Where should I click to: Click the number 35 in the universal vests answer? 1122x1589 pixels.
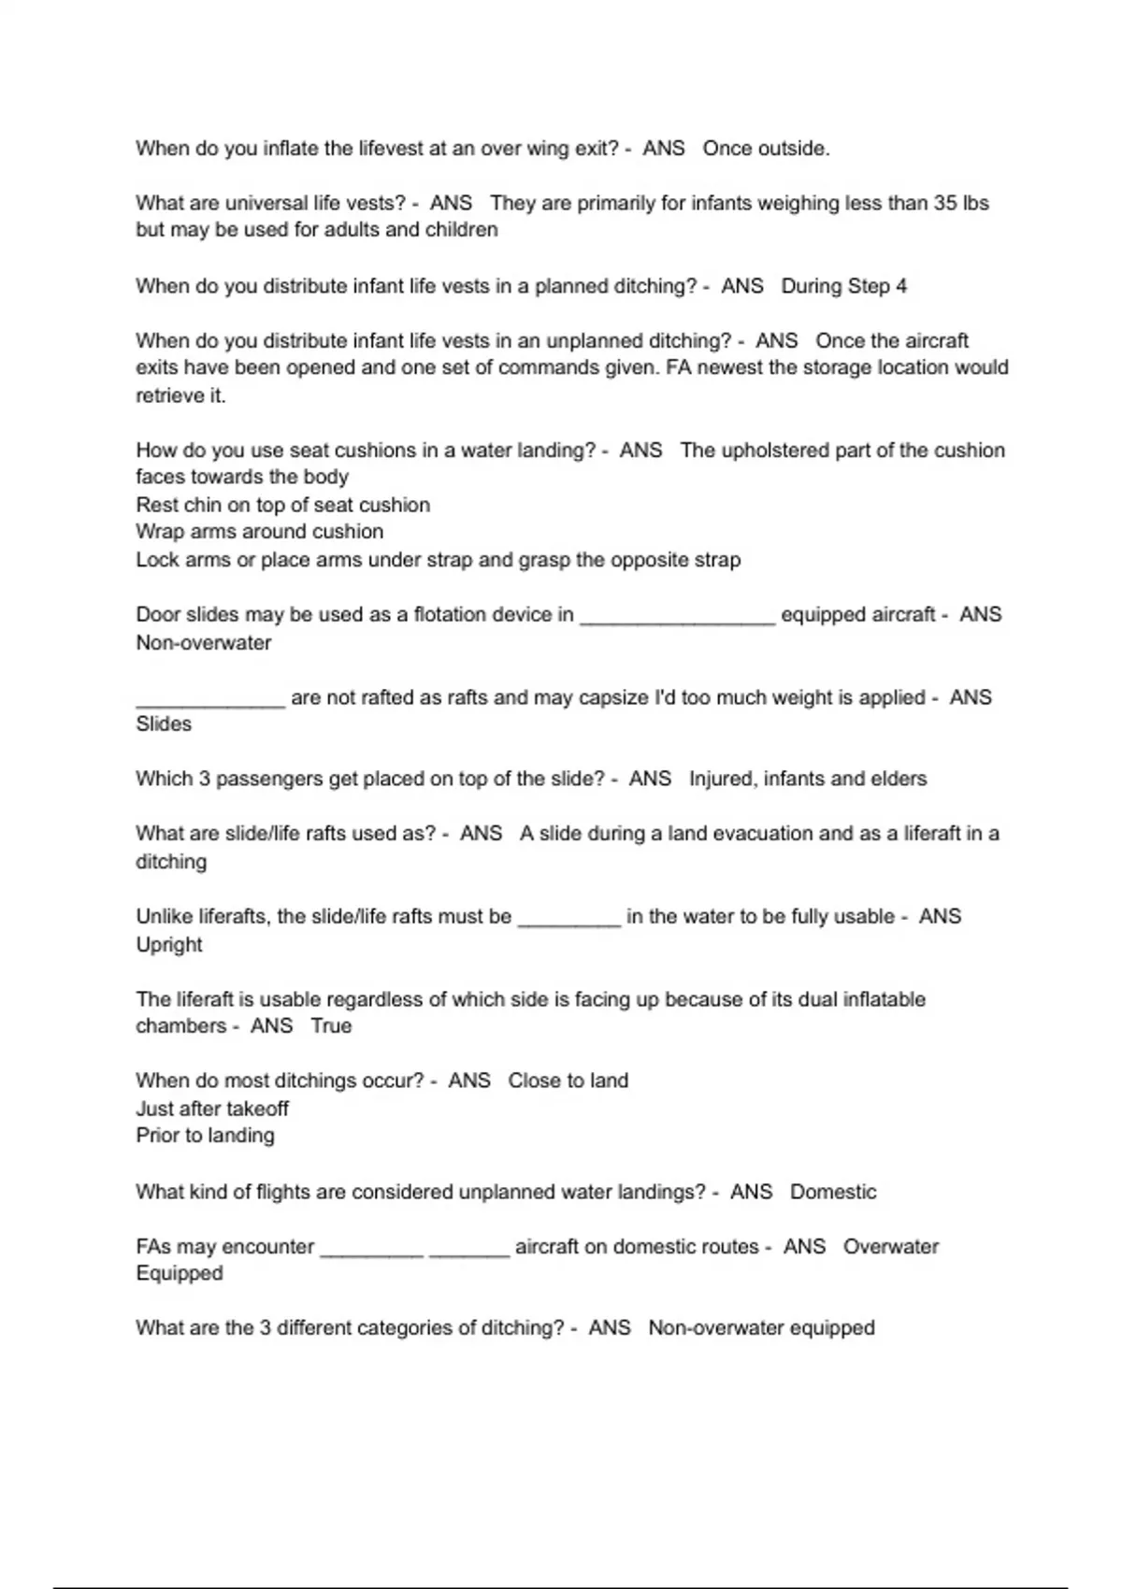(944, 203)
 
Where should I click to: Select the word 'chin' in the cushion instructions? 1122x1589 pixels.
(203, 505)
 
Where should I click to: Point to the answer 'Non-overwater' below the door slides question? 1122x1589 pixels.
(204, 643)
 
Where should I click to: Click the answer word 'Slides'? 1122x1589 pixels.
(164, 724)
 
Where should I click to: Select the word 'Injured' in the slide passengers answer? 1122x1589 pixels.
(720, 779)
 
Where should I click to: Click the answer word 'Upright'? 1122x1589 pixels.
(169, 944)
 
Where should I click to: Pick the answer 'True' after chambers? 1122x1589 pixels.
(331, 1025)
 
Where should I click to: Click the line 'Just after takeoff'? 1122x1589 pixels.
(212, 1109)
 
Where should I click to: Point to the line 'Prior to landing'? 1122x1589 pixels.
(206, 1136)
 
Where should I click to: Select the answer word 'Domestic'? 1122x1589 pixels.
(833, 1192)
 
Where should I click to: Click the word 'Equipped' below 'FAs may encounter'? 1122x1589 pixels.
(180, 1273)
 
